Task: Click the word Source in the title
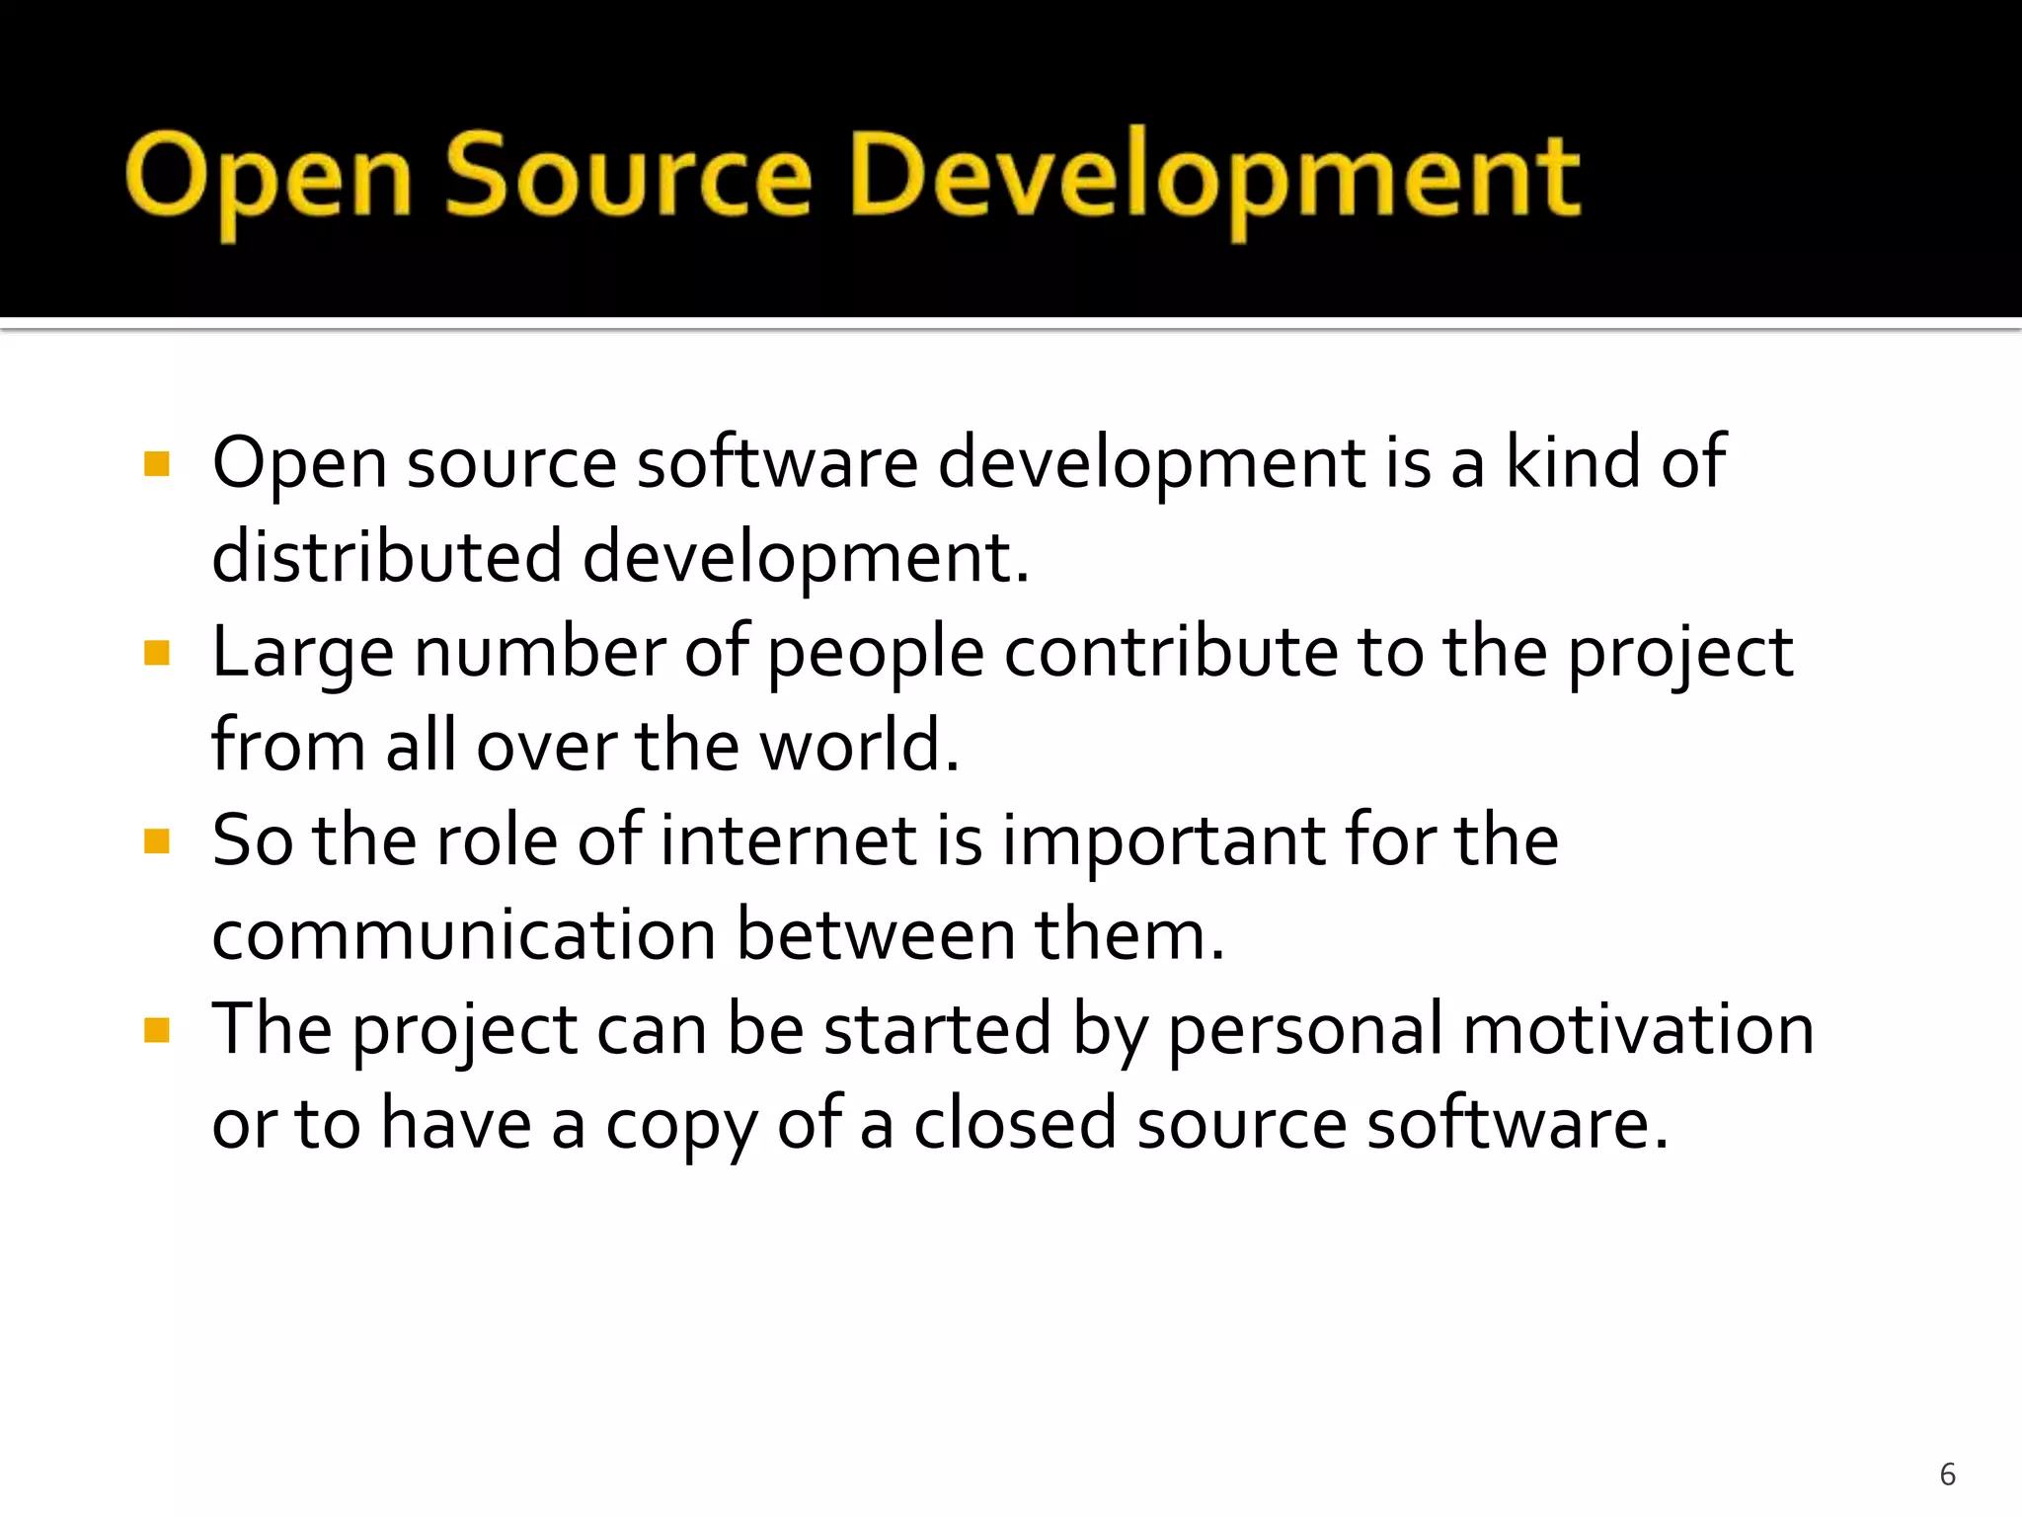[x=629, y=178]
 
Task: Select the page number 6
[x=1947, y=1474]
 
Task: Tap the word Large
[x=302, y=654]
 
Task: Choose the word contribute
[x=1171, y=652]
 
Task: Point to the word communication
[x=464, y=934]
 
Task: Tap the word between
[x=877, y=934]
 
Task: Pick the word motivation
[x=1638, y=1029]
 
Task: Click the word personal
[x=1305, y=1029]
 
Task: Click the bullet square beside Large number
[x=157, y=653]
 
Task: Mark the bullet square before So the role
[x=157, y=841]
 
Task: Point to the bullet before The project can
[x=157, y=1031]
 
